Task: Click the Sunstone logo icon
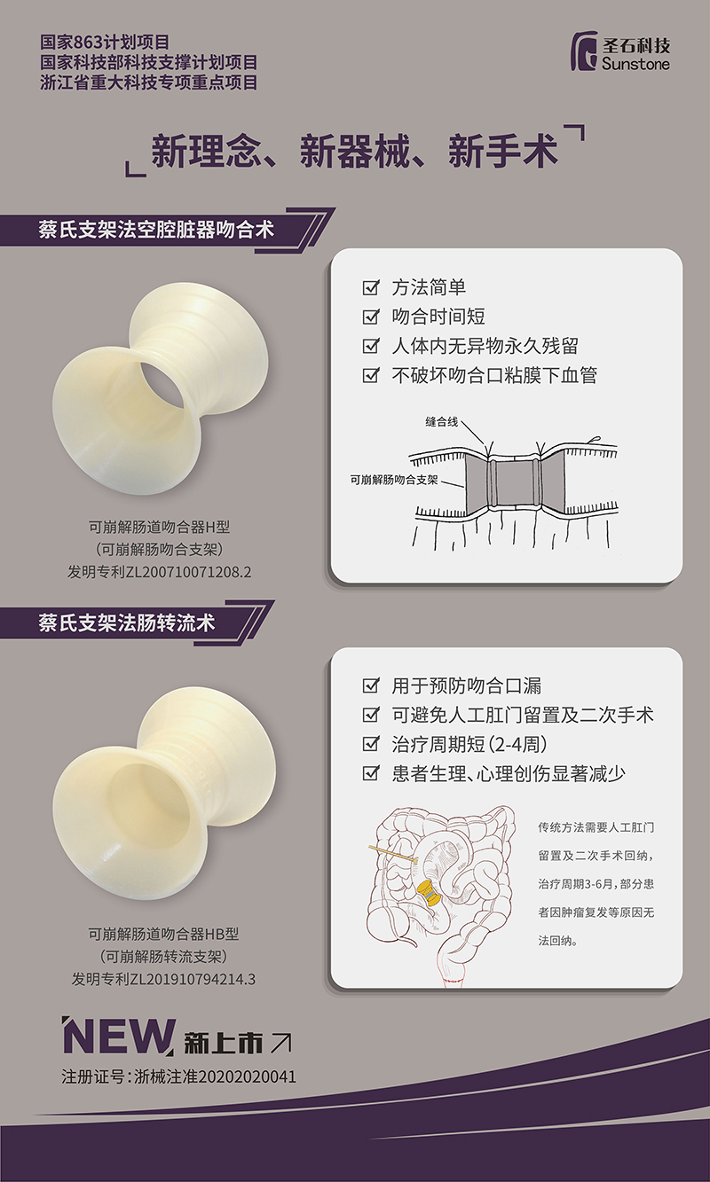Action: click(585, 52)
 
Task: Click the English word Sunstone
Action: click(635, 65)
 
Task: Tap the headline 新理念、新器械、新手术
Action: click(354, 152)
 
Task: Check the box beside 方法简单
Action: click(371, 288)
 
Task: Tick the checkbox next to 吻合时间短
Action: click(371, 317)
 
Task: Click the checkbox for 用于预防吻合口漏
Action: click(371, 686)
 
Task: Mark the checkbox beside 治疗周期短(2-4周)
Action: click(371, 744)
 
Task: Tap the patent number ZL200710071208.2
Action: click(193, 572)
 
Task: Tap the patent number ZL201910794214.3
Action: click(193, 980)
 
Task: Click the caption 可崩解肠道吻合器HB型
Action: click(163, 934)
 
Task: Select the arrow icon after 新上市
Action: click(280, 1044)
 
